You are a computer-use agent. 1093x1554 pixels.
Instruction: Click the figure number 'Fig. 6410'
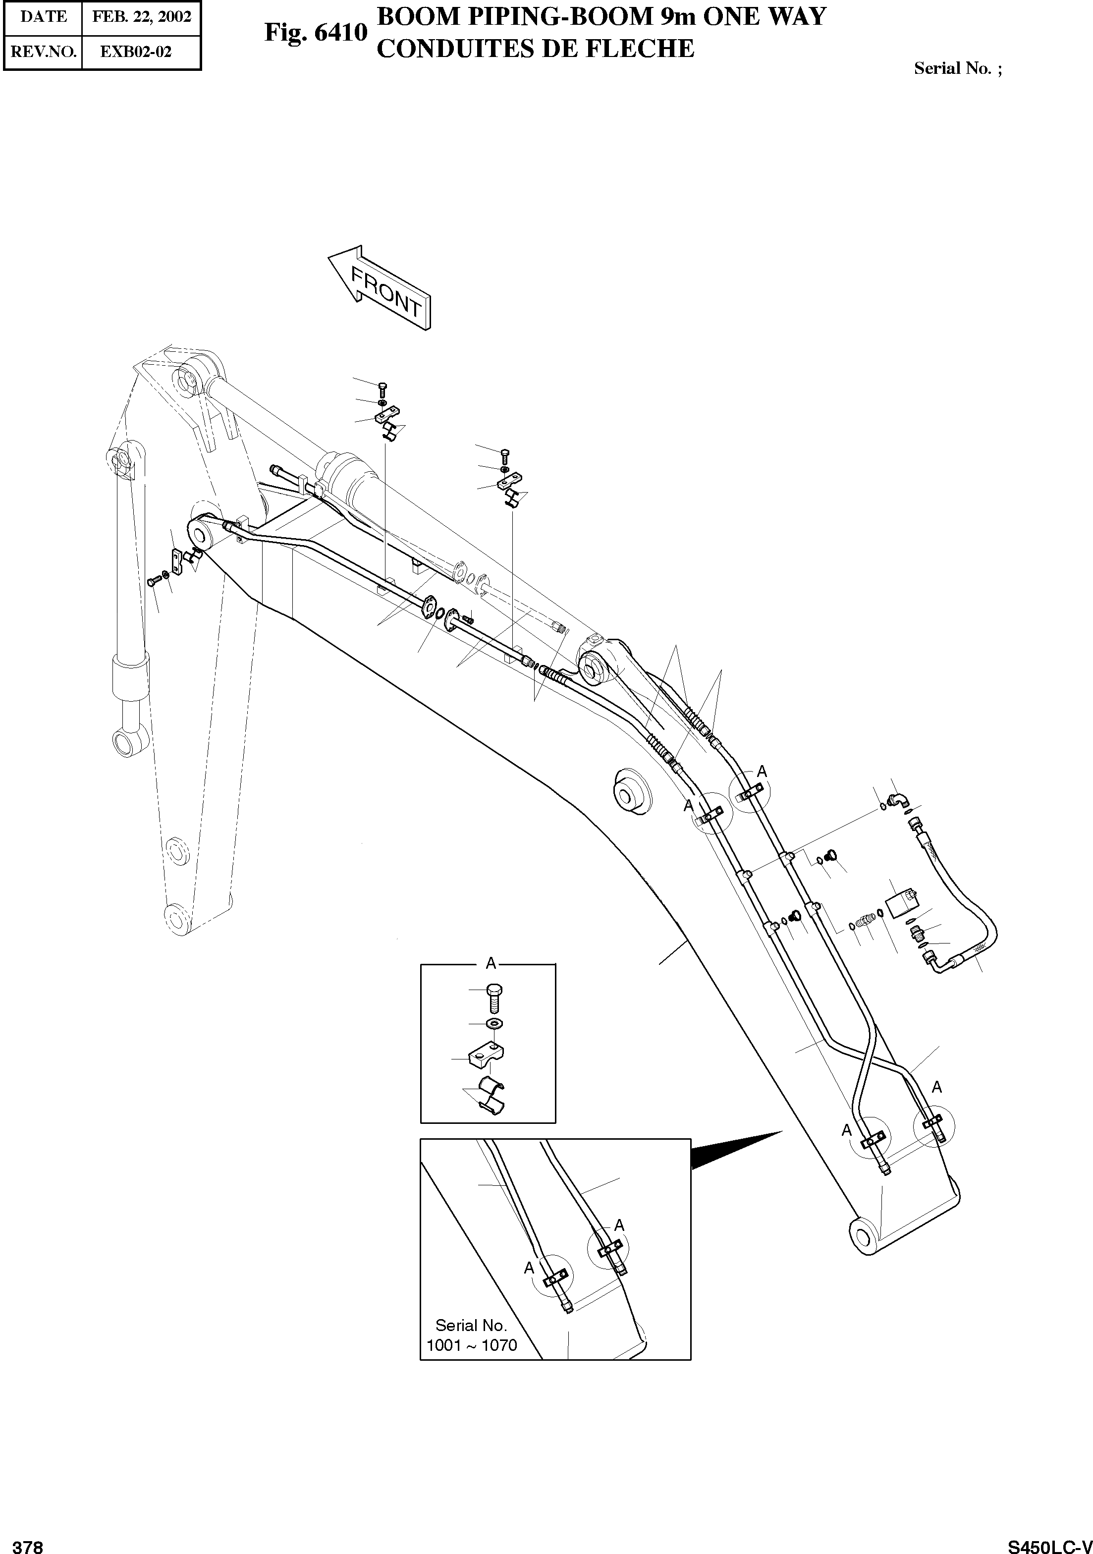coord(316,32)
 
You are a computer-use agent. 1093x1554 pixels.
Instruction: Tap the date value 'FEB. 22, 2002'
coord(141,17)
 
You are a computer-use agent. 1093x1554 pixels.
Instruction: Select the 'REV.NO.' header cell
coord(43,52)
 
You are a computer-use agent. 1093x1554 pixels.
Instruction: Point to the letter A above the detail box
coord(492,962)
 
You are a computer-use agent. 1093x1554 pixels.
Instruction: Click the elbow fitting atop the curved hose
coord(898,801)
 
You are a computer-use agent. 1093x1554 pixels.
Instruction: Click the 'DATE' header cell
coord(43,17)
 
